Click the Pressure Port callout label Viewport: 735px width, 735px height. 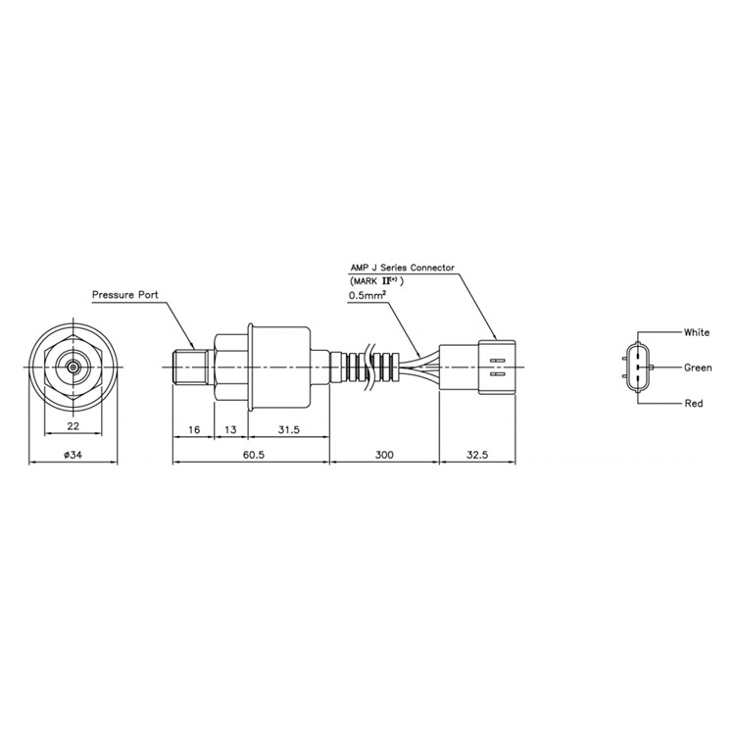coord(125,295)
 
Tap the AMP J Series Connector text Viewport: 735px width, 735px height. coord(402,268)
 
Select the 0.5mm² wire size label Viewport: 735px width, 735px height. coord(367,296)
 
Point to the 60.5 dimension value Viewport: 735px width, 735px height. coord(254,455)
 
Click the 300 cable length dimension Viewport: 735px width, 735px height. coord(384,455)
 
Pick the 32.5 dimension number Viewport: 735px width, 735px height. coord(477,455)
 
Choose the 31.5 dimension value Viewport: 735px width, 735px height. coord(288,429)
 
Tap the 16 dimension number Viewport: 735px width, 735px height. coord(194,429)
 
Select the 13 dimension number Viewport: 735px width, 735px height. coord(230,429)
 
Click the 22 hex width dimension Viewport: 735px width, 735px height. coord(73,425)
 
